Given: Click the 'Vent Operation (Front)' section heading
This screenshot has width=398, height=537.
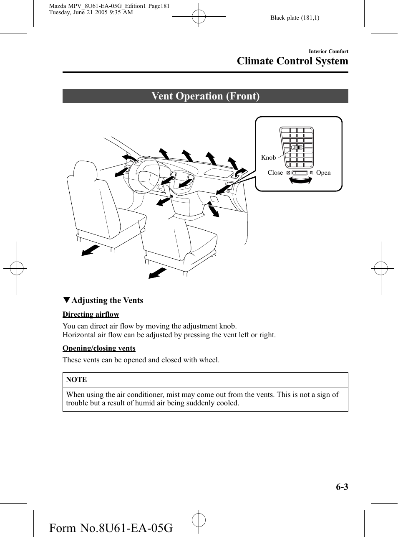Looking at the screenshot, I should pos(205,96).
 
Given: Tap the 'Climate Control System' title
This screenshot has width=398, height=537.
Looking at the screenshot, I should pos(292,61).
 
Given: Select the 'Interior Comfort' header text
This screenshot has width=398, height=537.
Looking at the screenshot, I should pos(328,51).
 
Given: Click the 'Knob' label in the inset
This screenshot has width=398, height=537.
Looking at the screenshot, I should pos(268,158).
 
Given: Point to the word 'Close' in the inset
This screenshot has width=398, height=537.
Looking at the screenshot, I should pos(275,173).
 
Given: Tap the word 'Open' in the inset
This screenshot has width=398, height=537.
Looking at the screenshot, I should pos(323,173).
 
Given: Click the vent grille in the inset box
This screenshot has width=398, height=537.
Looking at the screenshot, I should pos(297,148).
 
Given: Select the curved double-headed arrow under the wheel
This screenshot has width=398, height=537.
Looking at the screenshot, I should pos(300,180).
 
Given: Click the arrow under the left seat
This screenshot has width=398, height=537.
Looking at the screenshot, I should pos(91,250).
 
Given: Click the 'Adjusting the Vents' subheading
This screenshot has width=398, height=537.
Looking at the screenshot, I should pos(107,300).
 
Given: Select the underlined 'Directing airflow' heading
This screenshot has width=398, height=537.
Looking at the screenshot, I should pos(91,314).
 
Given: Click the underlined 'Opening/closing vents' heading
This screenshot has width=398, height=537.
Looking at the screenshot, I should pos(99,348).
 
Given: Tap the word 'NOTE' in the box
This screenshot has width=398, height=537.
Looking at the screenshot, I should pos(76,379).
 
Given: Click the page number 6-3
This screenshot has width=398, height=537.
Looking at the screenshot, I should pos(342,487).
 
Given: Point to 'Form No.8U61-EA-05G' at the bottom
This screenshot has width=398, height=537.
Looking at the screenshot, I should pos(111,528).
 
